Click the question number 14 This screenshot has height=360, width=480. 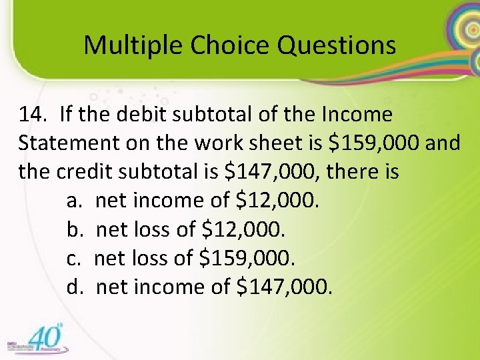[x=32, y=115]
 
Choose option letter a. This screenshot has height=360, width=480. [x=74, y=201]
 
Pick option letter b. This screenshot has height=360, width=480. [x=74, y=229]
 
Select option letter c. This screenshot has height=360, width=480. [x=73, y=258]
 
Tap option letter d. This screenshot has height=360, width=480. [x=74, y=287]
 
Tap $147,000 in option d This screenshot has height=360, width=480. [x=283, y=287]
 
